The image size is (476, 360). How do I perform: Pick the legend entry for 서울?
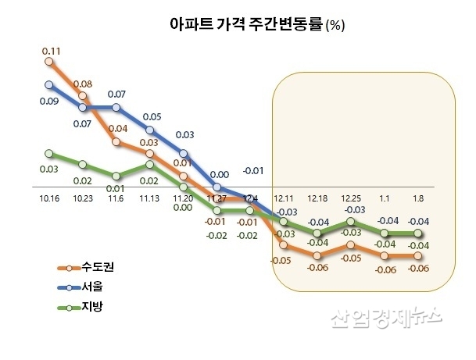coord(86,287)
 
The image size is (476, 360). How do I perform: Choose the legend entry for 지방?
coord(86,307)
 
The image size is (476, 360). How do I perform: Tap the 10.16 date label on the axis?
coord(48,199)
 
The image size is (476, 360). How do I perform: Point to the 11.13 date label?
coord(149,199)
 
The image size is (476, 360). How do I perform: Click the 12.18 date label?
coord(317,199)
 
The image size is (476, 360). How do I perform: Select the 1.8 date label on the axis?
coord(418,199)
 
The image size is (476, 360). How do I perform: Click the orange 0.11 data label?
coord(51,51)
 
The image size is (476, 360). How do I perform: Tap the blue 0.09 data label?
coord(48,101)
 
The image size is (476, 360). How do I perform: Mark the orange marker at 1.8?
coord(418,255)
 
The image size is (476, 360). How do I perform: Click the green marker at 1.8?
coord(418,233)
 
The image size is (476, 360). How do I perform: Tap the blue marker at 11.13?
coord(149,130)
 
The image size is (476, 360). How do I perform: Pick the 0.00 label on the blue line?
coord(220,175)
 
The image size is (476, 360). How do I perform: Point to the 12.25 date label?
coord(351,199)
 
